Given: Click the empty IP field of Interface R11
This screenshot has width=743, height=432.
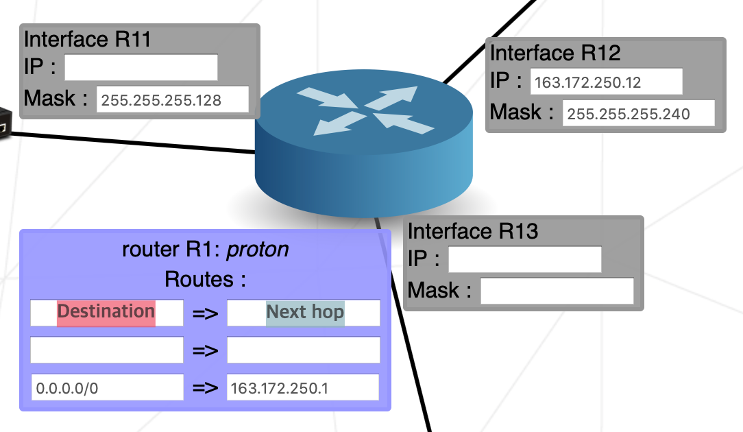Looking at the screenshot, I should (141, 67).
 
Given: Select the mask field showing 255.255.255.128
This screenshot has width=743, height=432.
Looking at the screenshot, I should (172, 99).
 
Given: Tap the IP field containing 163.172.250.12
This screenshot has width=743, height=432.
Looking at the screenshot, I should (607, 82).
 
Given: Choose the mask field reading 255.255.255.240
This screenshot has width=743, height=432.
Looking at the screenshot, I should (638, 113).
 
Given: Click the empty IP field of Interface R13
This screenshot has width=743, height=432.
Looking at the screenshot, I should (524, 259).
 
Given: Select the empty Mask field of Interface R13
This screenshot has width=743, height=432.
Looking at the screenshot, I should (557, 291).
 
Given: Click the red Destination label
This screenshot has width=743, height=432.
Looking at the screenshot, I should (106, 312).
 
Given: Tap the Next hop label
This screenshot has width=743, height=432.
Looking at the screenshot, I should (305, 313).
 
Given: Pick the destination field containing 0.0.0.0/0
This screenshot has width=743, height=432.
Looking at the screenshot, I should (107, 387).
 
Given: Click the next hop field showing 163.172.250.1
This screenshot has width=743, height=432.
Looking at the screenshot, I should (302, 387).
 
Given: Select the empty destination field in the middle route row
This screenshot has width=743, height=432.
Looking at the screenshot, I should (107, 350).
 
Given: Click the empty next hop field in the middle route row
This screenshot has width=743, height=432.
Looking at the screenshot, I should (303, 350).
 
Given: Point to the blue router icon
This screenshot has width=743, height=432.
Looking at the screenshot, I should (364, 144).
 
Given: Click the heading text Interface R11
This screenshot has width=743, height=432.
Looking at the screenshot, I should (87, 39).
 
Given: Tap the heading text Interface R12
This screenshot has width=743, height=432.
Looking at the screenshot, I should (555, 53).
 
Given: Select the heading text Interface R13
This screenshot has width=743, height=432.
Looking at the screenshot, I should (473, 231).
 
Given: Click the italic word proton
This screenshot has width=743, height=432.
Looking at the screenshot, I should (257, 250).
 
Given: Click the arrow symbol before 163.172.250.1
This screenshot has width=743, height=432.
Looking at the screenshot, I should (205, 387).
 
